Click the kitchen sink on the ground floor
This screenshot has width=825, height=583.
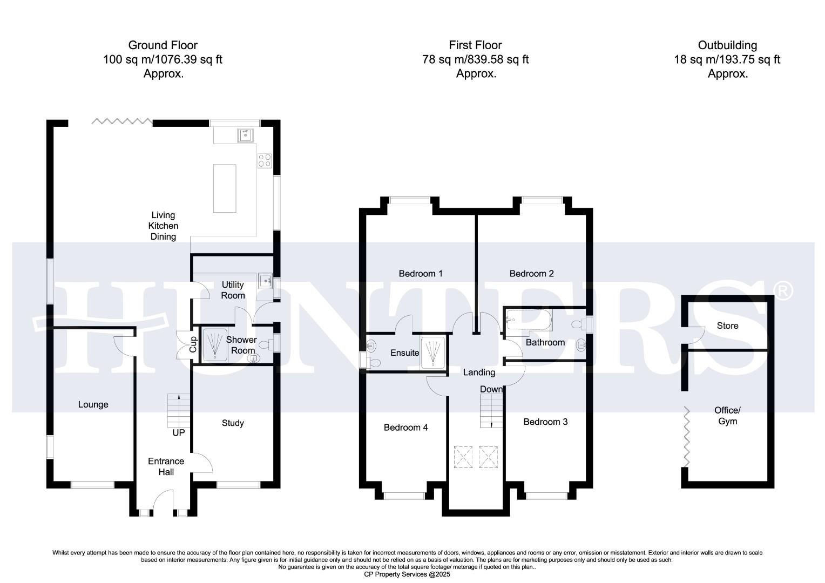pos(245,134)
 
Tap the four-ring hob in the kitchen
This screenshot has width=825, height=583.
pos(265,160)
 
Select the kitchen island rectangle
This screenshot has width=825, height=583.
pos(225,188)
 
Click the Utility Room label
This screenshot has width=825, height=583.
pos(233,290)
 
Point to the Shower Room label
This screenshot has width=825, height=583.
pos(241,345)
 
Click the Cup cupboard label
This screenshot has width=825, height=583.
pos(193,344)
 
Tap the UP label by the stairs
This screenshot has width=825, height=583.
pos(178,433)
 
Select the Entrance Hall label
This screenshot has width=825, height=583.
pos(166,466)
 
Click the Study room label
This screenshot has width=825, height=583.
pos(233,423)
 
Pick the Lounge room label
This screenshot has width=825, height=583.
pos(93,404)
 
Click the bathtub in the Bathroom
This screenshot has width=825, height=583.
pos(529,321)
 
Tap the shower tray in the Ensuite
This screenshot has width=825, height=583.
pos(434,353)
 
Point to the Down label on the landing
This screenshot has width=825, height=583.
pos(491,389)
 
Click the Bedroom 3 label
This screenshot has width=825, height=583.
pos(545,422)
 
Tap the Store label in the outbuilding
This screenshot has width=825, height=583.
pos(727,326)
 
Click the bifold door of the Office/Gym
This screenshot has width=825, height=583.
pos(687,437)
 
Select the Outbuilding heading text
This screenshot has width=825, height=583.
pos(727,45)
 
